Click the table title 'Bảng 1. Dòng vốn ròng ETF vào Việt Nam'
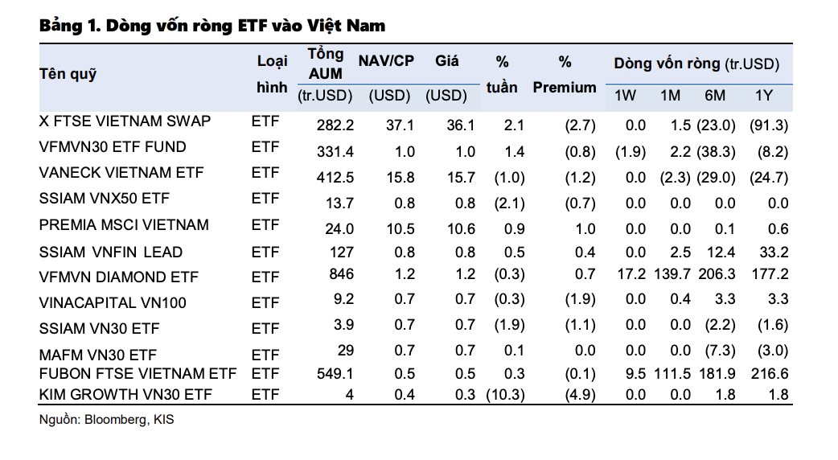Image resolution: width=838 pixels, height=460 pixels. pyautogui.click(x=212, y=26)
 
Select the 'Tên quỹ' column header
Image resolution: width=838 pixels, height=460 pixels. pyautogui.click(x=68, y=74)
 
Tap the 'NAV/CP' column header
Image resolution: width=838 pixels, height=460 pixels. pyautogui.click(x=387, y=62)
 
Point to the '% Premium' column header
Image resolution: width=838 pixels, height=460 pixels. pyautogui.click(x=565, y=75)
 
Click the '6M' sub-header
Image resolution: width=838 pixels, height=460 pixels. pyautogui.click(x=714, y=96)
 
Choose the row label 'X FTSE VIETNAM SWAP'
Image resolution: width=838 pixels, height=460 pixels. pyautogui.click(x=125, y=121)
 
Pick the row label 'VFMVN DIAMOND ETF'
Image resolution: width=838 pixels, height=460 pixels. pyautogui.click(x=118, y=277)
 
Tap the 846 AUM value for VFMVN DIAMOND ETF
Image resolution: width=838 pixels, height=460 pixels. pyautogui.click(x=341, y=275)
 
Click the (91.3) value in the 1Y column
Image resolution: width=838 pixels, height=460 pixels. pyautogui.click(x=768, y=125)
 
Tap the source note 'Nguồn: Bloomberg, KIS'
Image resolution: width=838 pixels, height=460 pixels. pyautogui.click(x=105, y=420)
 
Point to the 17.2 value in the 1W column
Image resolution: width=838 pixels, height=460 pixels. pyautogui.click(x=631, y=275)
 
